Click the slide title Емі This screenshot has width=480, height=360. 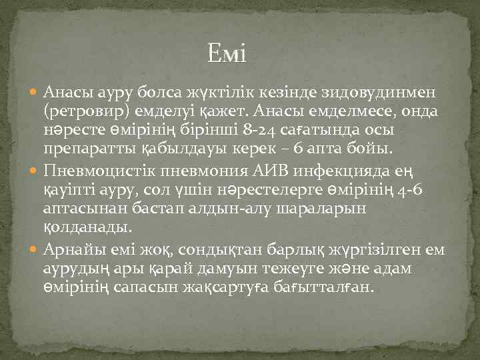[x=227, y=53]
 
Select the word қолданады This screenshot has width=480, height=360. [x=83, y=229]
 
